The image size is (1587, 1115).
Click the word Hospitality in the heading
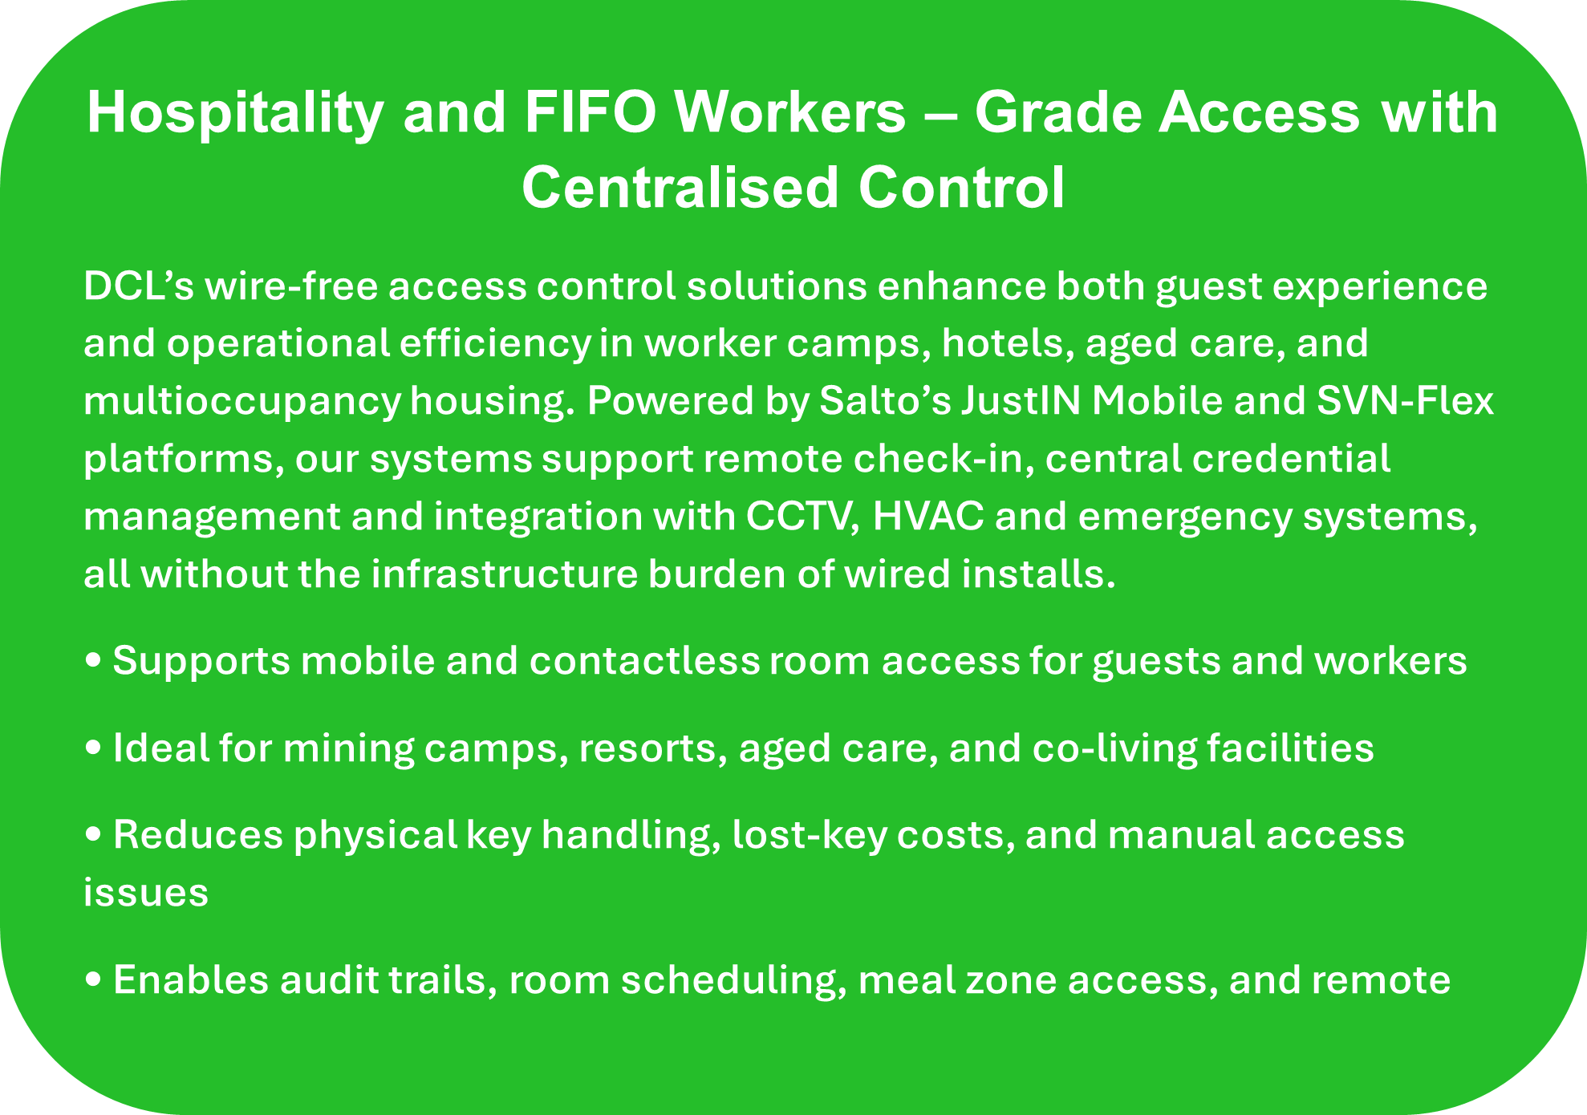pyautogui.click(x=235, y=114)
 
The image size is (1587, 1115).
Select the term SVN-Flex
pyautogui.click(x=1405, y=401)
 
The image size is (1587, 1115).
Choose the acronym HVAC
pyautogui.click(x=927, y=517)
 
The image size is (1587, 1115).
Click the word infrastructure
pyautogui.click(x=504, y=574)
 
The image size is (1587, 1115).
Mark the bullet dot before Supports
pyautogui.click(x=93, y=661)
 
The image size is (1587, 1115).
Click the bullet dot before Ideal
pyautogui.click(x=93, y=748)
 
